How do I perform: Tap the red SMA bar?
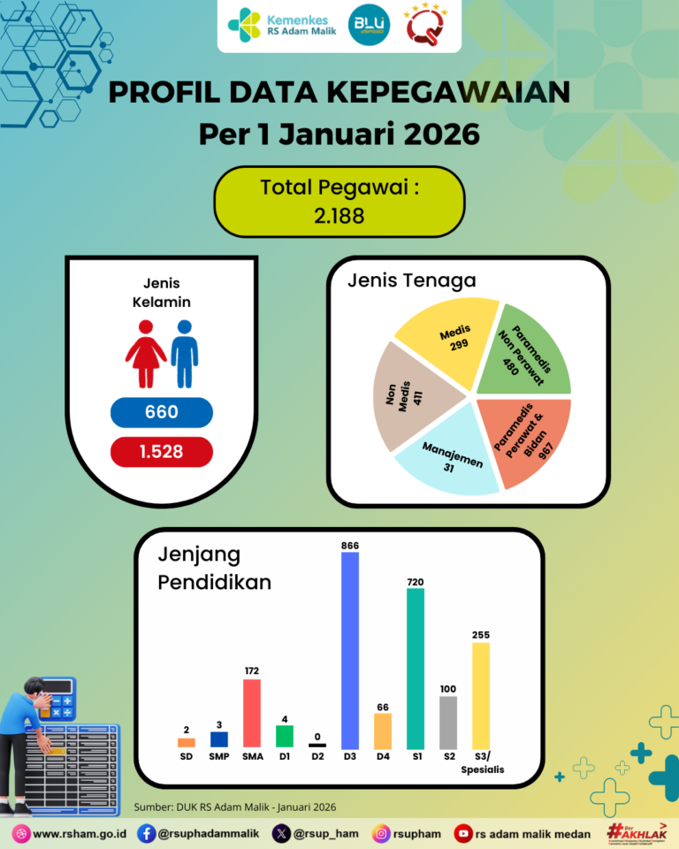point(252,714)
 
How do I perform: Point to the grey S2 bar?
point(448,723)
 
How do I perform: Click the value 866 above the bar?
point(350,547)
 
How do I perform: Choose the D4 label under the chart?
point(383,757)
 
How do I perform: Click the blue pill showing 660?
point(162,412)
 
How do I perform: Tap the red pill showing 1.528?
point(162,452)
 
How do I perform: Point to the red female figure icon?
point(146,352)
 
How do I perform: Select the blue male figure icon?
point(184,352)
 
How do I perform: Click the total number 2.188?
point(339,215)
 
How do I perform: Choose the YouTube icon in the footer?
point(462,833)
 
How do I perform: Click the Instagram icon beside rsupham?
point(382,833)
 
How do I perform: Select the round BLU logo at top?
point(363,26)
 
